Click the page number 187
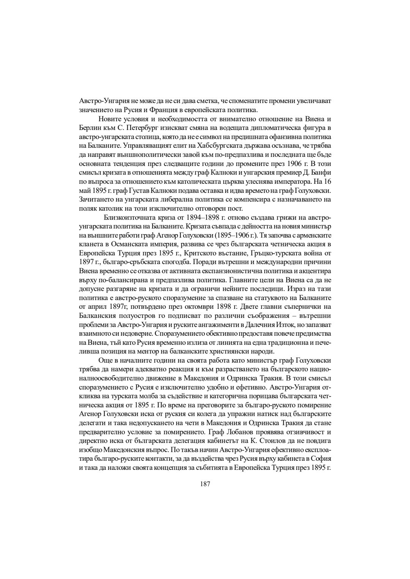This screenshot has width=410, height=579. [x=205, y=484]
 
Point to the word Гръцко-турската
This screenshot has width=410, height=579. [x=264, y=252]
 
